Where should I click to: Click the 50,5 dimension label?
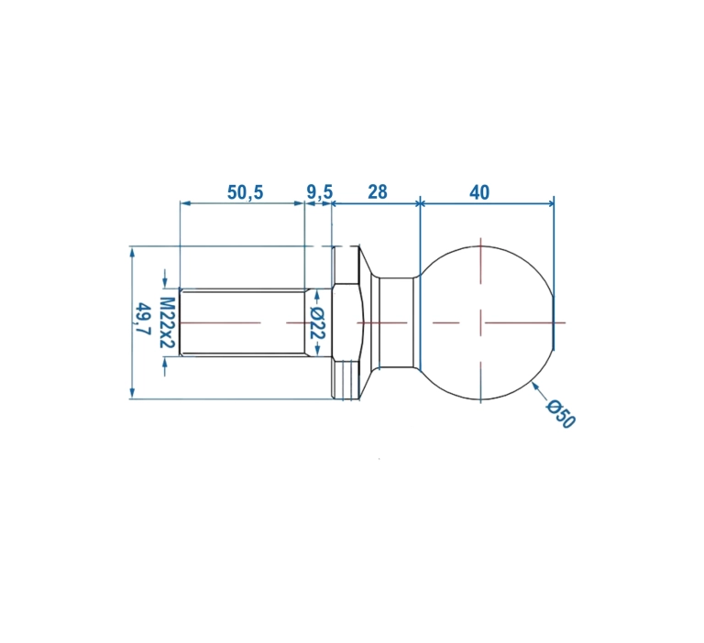point(245,192)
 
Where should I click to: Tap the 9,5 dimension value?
point(320,192)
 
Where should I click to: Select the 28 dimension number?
point(377,192)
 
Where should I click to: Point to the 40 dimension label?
point(479,192)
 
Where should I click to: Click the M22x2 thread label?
point(167,322)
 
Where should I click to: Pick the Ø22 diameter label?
point(318,323)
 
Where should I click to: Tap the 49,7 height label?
point(145,319)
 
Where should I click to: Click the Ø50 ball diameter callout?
point(560,414)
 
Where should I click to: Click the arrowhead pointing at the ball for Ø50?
point(535,386)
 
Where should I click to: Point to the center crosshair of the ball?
point(481,322)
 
